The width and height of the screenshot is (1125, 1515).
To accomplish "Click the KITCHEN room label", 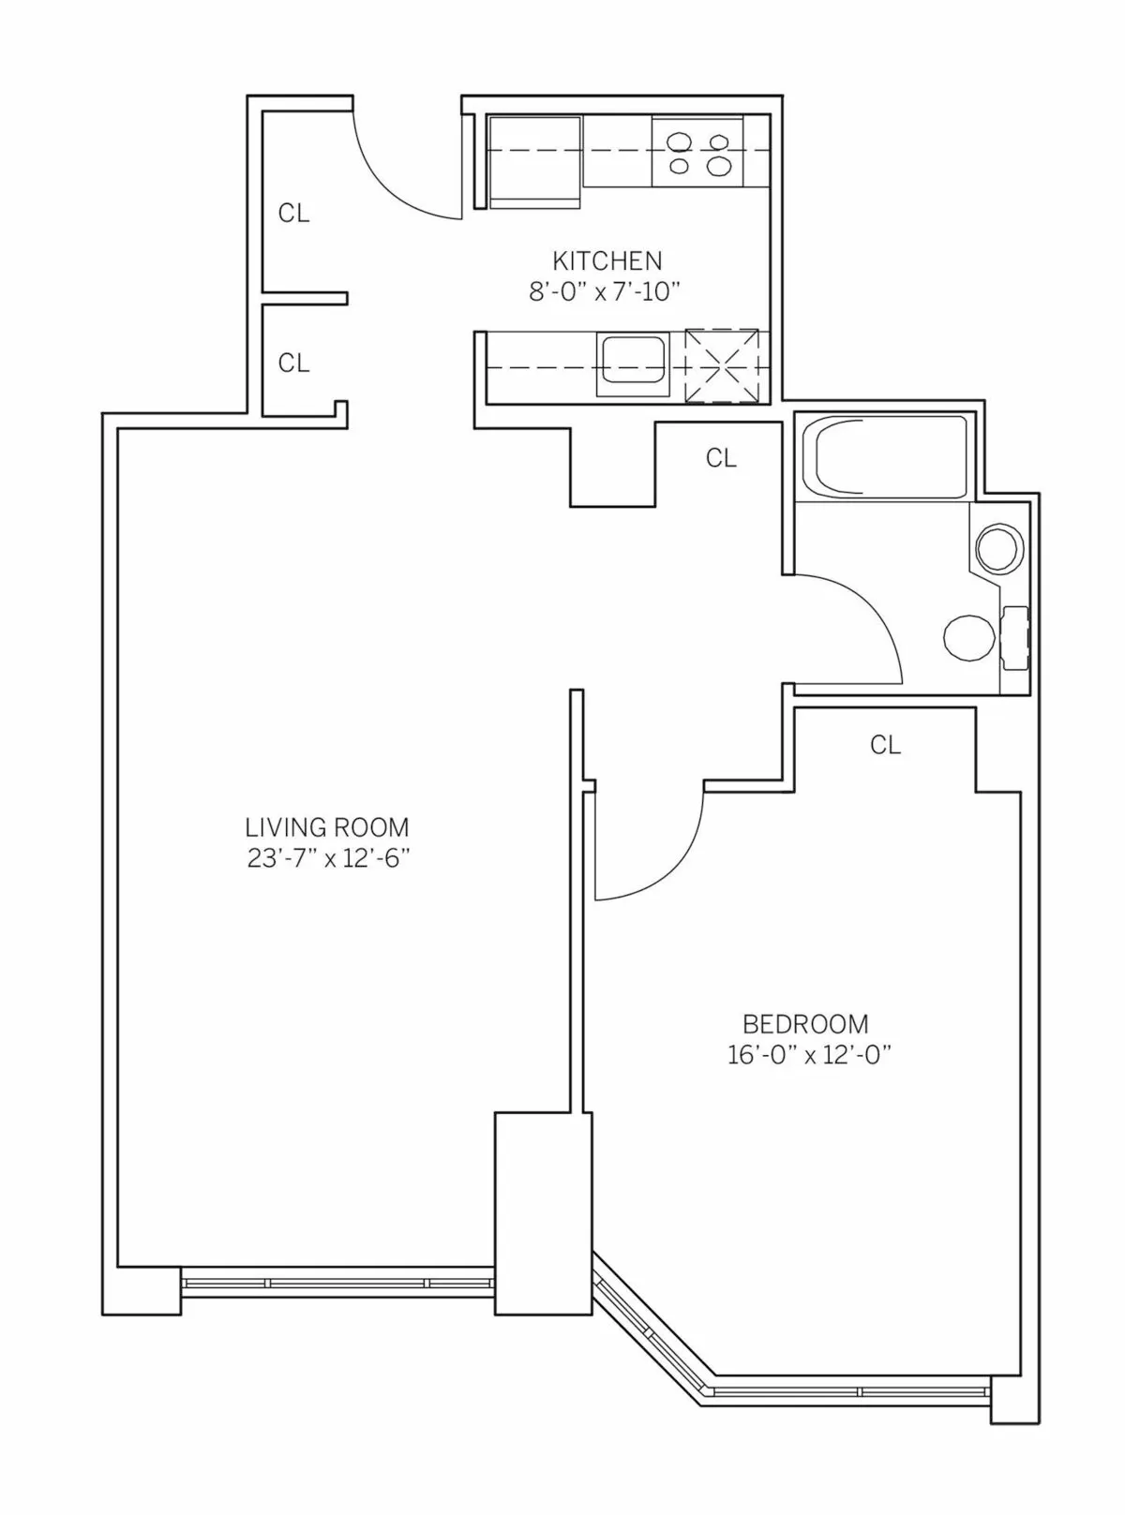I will [x=607, y=260].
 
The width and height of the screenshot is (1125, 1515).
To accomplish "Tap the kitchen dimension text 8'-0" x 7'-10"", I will [x=604, y=291].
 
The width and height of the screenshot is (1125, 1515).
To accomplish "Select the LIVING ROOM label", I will [x=327, y=827].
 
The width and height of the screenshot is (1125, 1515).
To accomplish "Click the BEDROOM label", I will [x=805, y=1023].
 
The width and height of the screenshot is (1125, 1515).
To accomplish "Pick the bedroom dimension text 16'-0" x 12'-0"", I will [x=808, y=1055].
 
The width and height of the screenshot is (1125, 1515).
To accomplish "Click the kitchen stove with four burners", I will [x=697, y=153].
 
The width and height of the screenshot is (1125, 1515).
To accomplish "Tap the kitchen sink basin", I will [x=634, y=362].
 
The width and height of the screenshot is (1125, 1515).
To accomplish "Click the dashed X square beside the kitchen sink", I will [x=721, y=365].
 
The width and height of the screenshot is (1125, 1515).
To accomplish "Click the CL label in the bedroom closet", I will [x=885, y=745].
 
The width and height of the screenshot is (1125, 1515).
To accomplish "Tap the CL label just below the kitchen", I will [x=721, y=458].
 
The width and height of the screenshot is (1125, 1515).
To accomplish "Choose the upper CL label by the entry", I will [x=293, y=214].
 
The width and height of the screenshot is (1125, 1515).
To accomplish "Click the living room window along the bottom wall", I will [x=337, y=1282].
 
